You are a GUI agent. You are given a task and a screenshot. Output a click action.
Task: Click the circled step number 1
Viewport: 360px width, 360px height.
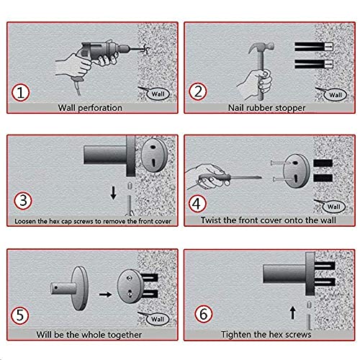click(x=20, y=93)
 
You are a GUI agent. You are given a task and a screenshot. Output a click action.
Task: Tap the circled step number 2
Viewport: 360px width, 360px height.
click(x=197, y=91)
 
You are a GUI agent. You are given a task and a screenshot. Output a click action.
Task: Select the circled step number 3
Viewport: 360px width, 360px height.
click(x=23, y=201)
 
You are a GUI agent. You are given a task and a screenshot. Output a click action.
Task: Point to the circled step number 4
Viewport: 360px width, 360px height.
click(x=197, y=204)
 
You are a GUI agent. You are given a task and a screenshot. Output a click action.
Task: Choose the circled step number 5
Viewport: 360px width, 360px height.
click(x=19, y=315)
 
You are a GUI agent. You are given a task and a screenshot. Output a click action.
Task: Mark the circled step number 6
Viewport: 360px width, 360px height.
click(x=203, y=314)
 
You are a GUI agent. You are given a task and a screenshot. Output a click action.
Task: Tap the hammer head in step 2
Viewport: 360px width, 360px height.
click(x=261, y=48)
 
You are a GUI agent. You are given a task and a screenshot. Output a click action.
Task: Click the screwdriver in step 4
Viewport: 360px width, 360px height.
click(x=230, y=179)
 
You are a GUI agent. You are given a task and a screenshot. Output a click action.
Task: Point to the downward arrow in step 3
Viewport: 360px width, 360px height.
click(x=113, y=193)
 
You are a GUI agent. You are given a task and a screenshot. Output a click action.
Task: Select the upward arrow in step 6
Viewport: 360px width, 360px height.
click(x=292, y=312)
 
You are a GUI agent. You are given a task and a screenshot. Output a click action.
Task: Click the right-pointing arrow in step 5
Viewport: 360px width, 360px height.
click(x=105, y=294)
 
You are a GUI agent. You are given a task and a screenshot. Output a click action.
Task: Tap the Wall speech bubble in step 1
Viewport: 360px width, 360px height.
click(x=158, y=94)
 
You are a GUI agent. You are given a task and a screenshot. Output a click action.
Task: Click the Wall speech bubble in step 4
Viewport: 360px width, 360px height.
click(x=333, y=207)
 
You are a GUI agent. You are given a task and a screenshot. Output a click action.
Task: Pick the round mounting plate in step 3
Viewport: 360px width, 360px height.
click(x=154, y=156)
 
